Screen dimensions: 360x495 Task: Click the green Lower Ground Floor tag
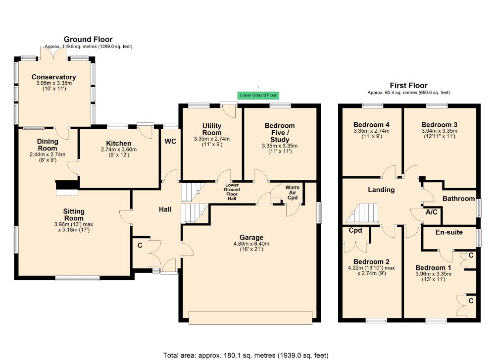pyautogui.click(x=257, y=95)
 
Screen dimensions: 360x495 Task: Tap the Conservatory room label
pyautogui.click(x=53, y=77)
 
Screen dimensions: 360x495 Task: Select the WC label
pyautogui.click(x=170, y=141)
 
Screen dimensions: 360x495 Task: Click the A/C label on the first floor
pyautogui.click(x=431, y=212)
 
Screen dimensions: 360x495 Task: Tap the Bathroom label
pyautogui.click(x=457, y=199)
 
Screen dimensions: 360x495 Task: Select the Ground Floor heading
pyautogui.click(x=88, y=39)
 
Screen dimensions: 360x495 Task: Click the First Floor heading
pyautogui.click(x=408, y=85)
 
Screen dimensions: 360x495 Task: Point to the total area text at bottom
pyautogui.click(x=246, y=355)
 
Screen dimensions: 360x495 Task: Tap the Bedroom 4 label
pyautogui.click(x=371, y=124)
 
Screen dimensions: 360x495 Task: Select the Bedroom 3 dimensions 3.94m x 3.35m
pyautogui.click(x=440, y=131)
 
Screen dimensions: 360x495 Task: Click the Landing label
pyautogui.click(x=381, y=190)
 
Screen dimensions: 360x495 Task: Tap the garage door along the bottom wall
pyautogui.click(x=250, y=317)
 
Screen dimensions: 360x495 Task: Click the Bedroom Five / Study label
pyautogui.click(x=280, y=132)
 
